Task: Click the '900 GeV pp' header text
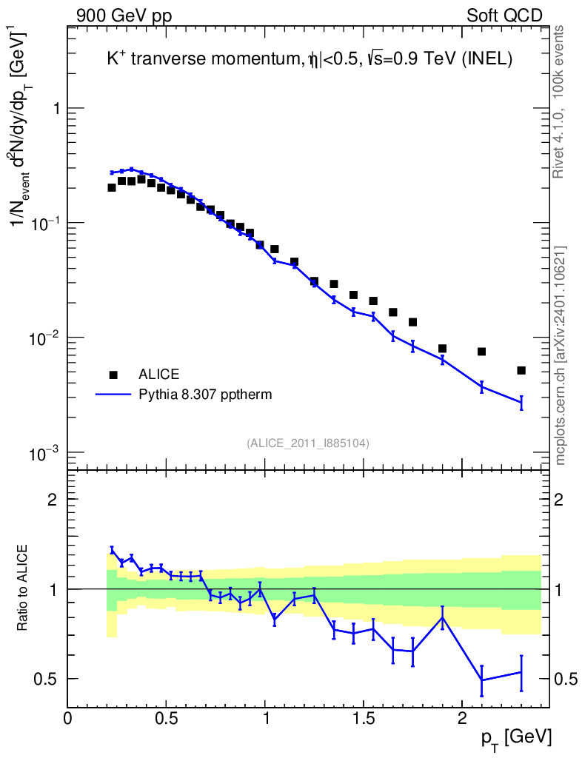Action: point(124,16)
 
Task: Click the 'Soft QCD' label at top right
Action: point(504,16)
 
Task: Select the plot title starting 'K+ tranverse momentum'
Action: point(310,61)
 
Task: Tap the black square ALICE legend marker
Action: point(113,374)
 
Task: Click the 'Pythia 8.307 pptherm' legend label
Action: point(205,395)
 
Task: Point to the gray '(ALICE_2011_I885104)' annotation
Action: point(308,443)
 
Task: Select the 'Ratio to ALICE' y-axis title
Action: point(24,588)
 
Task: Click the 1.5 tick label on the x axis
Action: point(363,719)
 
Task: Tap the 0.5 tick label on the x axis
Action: point(166,719)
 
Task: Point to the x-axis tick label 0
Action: point(68,719)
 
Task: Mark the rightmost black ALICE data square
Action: point(521,370)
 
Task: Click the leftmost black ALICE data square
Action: point(112,187)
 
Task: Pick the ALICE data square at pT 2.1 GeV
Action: point(481,352)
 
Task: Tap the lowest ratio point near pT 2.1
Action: point(481,680)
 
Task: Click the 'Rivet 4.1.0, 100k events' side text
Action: point(560,100)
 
